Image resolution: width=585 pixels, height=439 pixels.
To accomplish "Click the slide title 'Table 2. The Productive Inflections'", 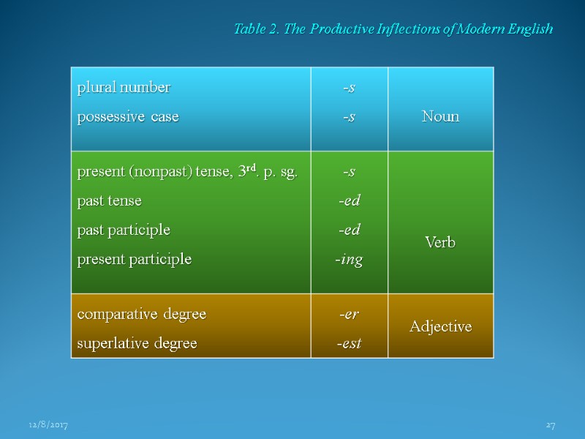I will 393,29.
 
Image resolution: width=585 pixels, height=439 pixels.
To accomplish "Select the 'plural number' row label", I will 124,88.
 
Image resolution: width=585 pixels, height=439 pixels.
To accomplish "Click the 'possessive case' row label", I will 128,116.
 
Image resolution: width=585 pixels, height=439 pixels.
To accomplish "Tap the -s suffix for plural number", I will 350,88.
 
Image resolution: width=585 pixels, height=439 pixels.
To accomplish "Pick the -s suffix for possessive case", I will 350,116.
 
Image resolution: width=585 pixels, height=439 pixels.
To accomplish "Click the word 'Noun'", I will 440,116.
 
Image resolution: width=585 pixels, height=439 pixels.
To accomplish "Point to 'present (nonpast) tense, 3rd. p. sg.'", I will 187,172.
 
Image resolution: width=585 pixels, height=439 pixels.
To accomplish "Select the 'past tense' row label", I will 110,200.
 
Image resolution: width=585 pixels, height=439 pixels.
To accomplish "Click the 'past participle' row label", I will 124,230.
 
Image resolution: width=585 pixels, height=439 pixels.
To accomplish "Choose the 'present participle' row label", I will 135,259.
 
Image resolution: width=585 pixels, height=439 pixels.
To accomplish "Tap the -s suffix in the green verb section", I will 350,172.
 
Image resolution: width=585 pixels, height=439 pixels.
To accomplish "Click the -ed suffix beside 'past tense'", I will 350,200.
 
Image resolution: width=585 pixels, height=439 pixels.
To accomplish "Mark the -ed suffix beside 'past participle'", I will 350,230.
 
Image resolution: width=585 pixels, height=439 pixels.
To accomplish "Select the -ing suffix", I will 350,260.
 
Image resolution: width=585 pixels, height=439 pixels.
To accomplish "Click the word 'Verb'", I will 440,243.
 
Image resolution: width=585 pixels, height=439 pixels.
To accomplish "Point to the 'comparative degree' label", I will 142,314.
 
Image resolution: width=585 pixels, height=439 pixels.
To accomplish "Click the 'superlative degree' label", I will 137,343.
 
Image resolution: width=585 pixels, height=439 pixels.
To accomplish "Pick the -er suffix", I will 350,314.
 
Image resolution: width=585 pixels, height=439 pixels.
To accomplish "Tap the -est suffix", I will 350,343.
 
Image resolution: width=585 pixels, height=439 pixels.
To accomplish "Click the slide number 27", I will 551,424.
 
